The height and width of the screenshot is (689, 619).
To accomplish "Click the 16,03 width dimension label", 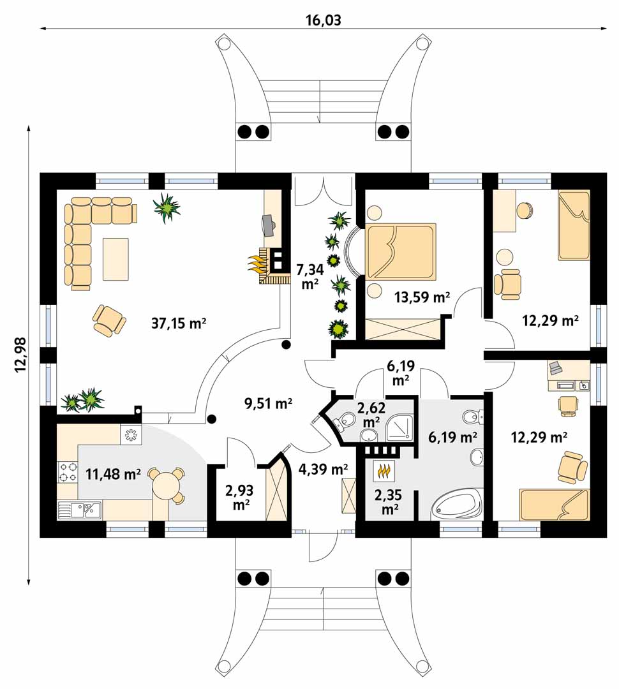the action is pos(323,20).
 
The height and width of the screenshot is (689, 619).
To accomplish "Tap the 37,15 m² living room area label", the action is pos(179,324).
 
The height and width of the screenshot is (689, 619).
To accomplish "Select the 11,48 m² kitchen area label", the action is pos(113,474).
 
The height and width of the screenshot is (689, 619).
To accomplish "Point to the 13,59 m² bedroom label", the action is pos(422,297).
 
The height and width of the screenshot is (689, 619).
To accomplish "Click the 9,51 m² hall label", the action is pos(268,403).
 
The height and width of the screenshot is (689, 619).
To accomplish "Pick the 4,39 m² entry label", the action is pos(323,469).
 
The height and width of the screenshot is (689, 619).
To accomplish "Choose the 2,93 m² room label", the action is pos(239,497).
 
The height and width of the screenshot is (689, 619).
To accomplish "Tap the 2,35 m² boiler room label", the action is pos(388,502).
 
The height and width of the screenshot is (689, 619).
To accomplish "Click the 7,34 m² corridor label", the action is pos(310,276).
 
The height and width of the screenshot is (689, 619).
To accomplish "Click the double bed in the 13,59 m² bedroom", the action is pos(401,251).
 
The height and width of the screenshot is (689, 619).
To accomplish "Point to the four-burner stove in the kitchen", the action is pos(67,472).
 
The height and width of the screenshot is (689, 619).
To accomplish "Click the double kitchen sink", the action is pos(80,510).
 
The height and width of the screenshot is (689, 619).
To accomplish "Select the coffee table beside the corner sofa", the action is pos(116,259).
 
